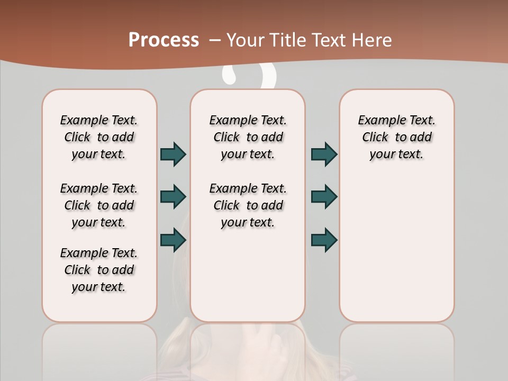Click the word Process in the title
point(164,40)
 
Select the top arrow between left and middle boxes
point(173,154)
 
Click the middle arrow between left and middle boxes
point(173,197)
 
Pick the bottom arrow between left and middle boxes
point(173,240)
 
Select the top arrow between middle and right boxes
point(324,154)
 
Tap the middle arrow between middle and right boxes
point(324,197)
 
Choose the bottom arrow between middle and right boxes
point(324,240)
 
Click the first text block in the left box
point(99,137)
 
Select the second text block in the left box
point(99,205)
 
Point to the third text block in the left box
point(99,270)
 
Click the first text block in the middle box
point(248,137)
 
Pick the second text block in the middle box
point(248,205)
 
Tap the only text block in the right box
point(397,137)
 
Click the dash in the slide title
point(215,40)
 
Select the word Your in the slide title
point(245,40)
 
